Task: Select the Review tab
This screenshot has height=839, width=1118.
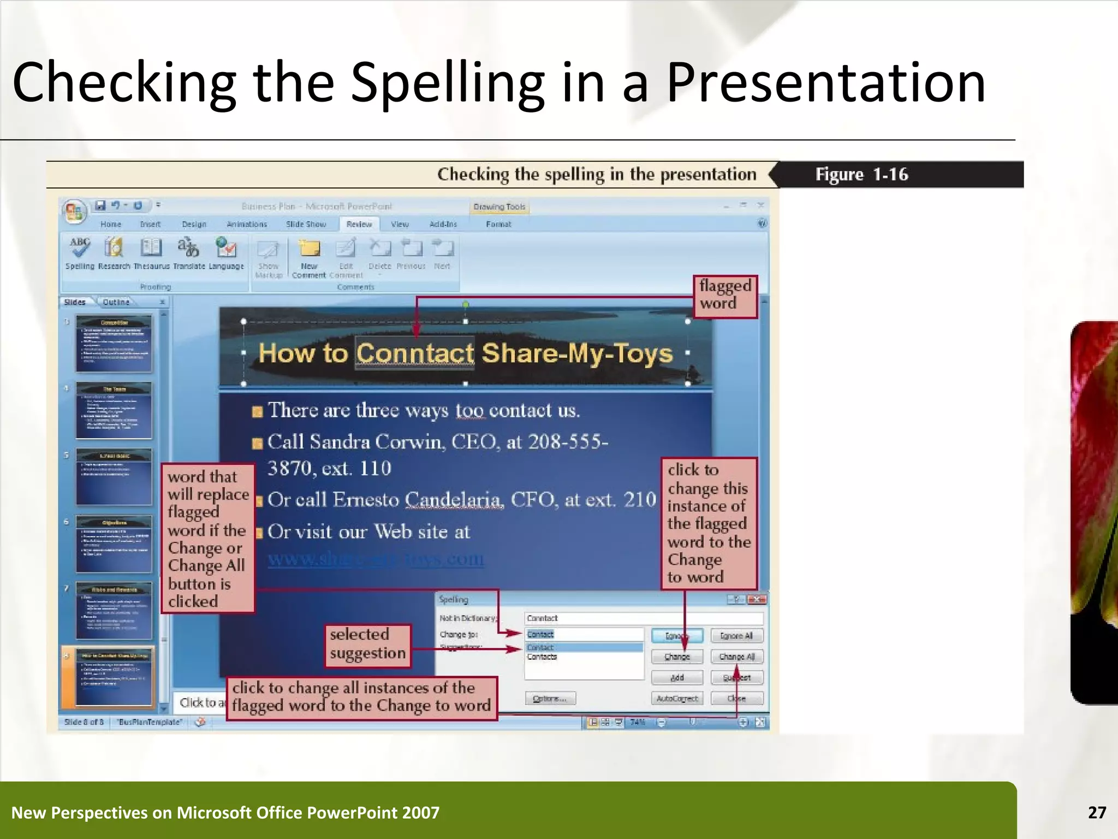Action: point(359,224)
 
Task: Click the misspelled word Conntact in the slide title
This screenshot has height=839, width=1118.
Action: point(415,353)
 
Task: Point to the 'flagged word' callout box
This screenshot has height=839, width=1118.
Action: point(725,296)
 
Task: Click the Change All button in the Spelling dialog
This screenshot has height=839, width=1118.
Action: point(736,657)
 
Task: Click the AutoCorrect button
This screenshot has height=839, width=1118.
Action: point(677,699)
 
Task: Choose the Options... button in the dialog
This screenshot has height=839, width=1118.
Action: point(550,699)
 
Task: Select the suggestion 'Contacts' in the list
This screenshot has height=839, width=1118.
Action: point(542,657)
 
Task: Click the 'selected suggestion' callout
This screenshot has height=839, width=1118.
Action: point(367,645)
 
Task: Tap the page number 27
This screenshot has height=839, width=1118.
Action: point(1097,812)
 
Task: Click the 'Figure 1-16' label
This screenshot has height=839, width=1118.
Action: point(861,174)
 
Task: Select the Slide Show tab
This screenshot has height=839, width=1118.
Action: point(306,224)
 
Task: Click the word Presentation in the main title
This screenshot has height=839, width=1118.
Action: point(825,82)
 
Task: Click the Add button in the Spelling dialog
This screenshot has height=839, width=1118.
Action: point(677,678)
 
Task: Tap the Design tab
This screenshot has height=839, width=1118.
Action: point(194,224)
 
